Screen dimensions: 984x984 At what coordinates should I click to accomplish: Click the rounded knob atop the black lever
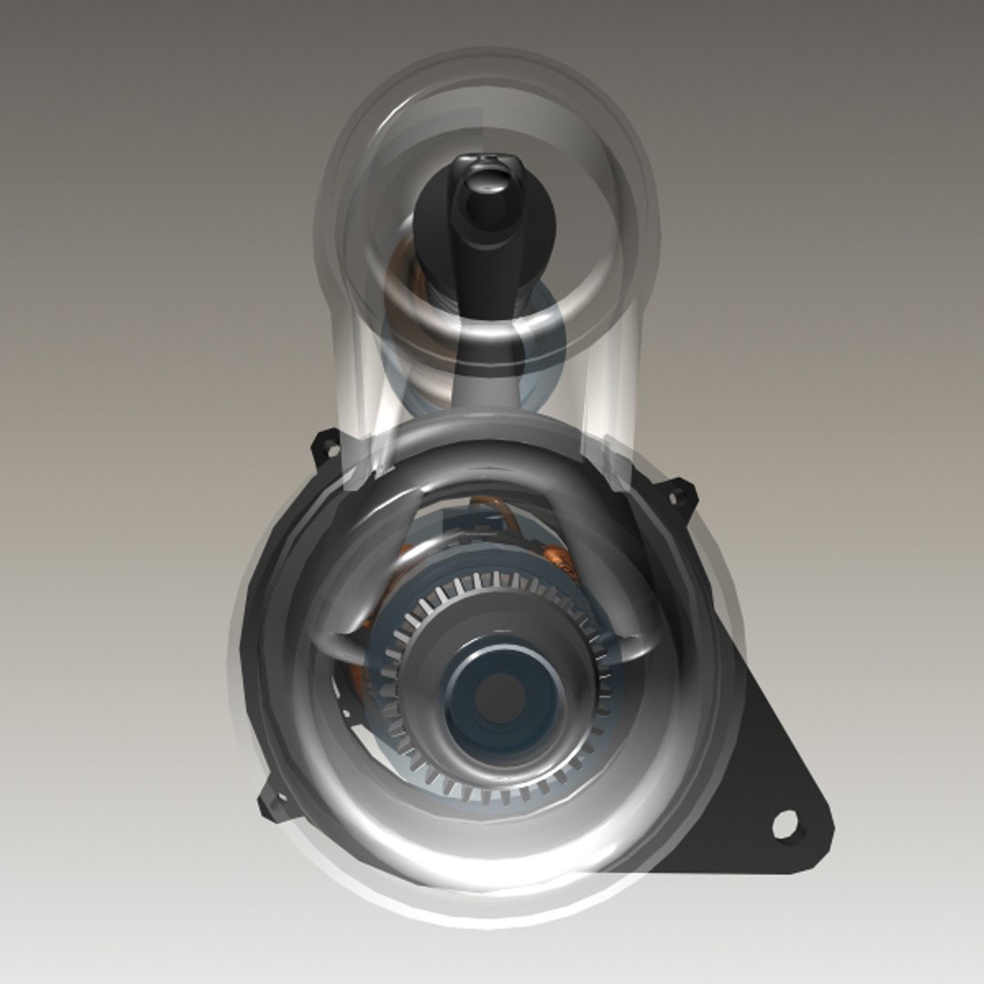coord(487,196)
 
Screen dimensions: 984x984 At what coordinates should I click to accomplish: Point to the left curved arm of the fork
coord(337,592)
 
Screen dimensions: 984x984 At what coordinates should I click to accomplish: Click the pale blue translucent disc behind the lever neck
coord(547,337)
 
